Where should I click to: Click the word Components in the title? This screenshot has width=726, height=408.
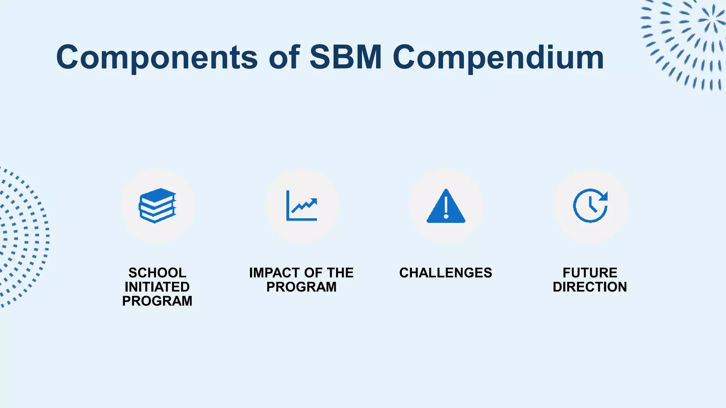click(157, 57)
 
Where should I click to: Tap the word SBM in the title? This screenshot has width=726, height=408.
click(346, 57)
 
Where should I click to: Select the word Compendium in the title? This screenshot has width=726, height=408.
click(498, 57)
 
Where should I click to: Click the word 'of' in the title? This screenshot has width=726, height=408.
click(284, 57)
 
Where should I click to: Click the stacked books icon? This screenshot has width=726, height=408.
click(157, 205)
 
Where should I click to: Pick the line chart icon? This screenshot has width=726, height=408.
click(302, 205)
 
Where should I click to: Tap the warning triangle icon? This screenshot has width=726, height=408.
click(446, 206)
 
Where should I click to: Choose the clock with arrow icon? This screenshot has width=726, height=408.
click(590, 205)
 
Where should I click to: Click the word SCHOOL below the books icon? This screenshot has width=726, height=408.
click(157, 273)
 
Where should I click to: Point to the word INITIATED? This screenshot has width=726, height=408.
click(157, 287)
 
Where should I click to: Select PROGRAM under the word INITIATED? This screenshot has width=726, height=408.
click(157, 301)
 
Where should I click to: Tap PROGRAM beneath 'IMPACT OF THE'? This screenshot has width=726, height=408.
click(302, 287)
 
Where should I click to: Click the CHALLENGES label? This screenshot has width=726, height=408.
click(446, 273)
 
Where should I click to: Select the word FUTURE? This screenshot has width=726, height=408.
click(590, 273)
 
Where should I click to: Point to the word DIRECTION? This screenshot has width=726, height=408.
click(590, 287)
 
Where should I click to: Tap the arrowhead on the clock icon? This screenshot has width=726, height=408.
click(604, 196)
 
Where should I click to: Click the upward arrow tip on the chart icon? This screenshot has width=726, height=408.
click(313, 202)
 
